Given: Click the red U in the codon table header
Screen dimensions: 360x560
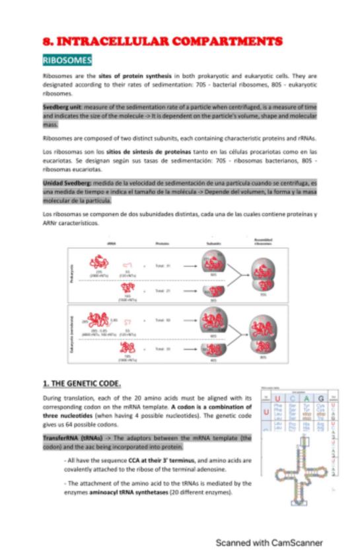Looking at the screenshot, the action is point(277,398).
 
